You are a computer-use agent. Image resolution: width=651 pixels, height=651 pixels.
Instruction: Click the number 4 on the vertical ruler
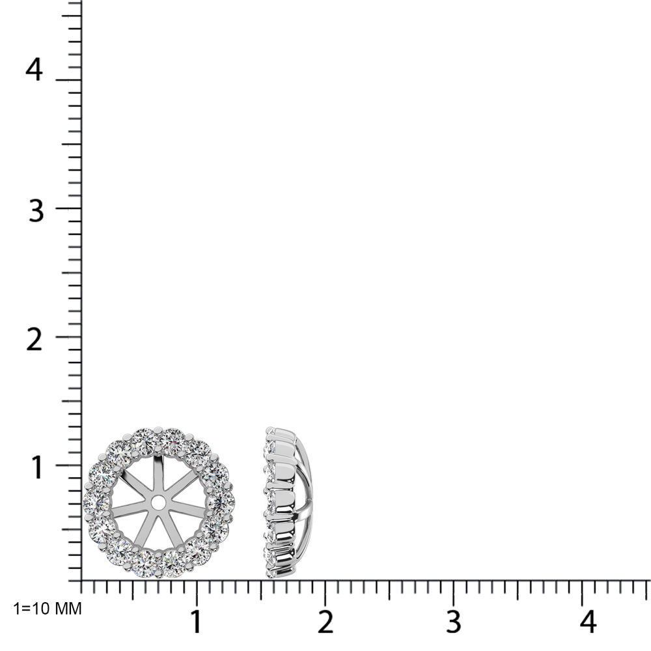[x=34, y=70]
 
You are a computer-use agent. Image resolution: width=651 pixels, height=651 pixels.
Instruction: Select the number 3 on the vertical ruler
[x=36, y=210]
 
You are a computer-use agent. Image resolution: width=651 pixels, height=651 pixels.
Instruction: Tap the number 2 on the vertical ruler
[x=34, y=340]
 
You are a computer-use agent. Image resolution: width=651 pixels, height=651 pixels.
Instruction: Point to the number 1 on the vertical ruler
[x=37, y=467]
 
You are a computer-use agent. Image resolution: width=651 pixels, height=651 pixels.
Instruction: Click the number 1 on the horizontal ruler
[x=195, y=622]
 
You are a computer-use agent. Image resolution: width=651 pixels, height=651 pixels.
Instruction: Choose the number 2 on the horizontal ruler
[x=325, y=622]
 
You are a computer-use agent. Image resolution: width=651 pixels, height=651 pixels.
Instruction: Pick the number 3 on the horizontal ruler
[x=453, y=622]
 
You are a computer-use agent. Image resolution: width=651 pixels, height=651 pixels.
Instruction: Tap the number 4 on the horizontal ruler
[x=588, y=622]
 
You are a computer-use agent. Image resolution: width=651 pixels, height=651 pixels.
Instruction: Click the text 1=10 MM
[x=48, y=609]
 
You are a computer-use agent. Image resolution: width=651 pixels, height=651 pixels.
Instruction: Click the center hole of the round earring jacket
[x=158, y=503]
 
